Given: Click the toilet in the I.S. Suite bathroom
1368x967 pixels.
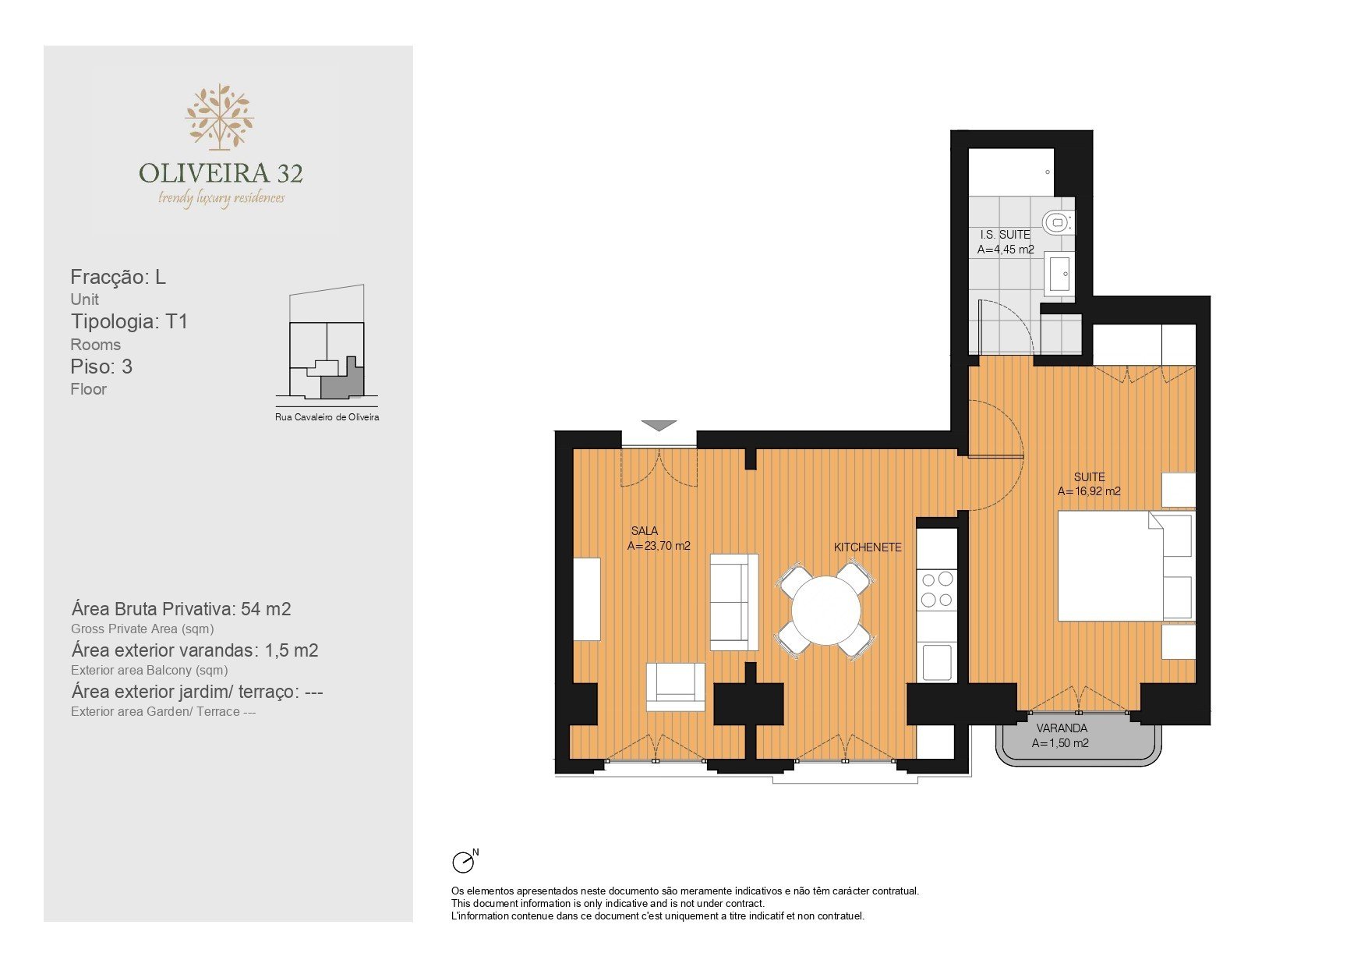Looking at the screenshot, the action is (1058, 222).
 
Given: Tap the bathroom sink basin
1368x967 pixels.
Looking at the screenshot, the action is (1059, 274).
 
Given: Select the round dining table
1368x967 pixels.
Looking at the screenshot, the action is (825, 610).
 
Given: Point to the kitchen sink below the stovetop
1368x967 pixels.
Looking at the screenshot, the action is (937, 662).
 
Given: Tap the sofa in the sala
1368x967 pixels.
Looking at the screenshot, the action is (733, 602).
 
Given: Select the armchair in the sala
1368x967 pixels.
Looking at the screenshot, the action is (675, 687).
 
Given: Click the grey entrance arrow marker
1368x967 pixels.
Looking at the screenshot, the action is (659, 426).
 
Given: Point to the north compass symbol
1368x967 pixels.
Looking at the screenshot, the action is (465, 861).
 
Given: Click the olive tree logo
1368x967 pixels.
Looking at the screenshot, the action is (220, 117).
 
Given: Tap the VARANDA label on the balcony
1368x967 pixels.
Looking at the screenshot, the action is (1062, 728).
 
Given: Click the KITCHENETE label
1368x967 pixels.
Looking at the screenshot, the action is (868, 547).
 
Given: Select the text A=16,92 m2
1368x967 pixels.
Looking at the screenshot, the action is (1089, 491).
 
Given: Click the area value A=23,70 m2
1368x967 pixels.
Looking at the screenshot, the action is (659, 546).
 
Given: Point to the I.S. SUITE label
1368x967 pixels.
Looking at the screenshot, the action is (1005, 234).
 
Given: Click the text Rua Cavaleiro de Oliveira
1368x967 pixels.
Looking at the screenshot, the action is (327, 417).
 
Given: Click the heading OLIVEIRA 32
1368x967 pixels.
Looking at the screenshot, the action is (221, 173).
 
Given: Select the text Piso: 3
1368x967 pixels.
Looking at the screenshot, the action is (101, 367).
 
